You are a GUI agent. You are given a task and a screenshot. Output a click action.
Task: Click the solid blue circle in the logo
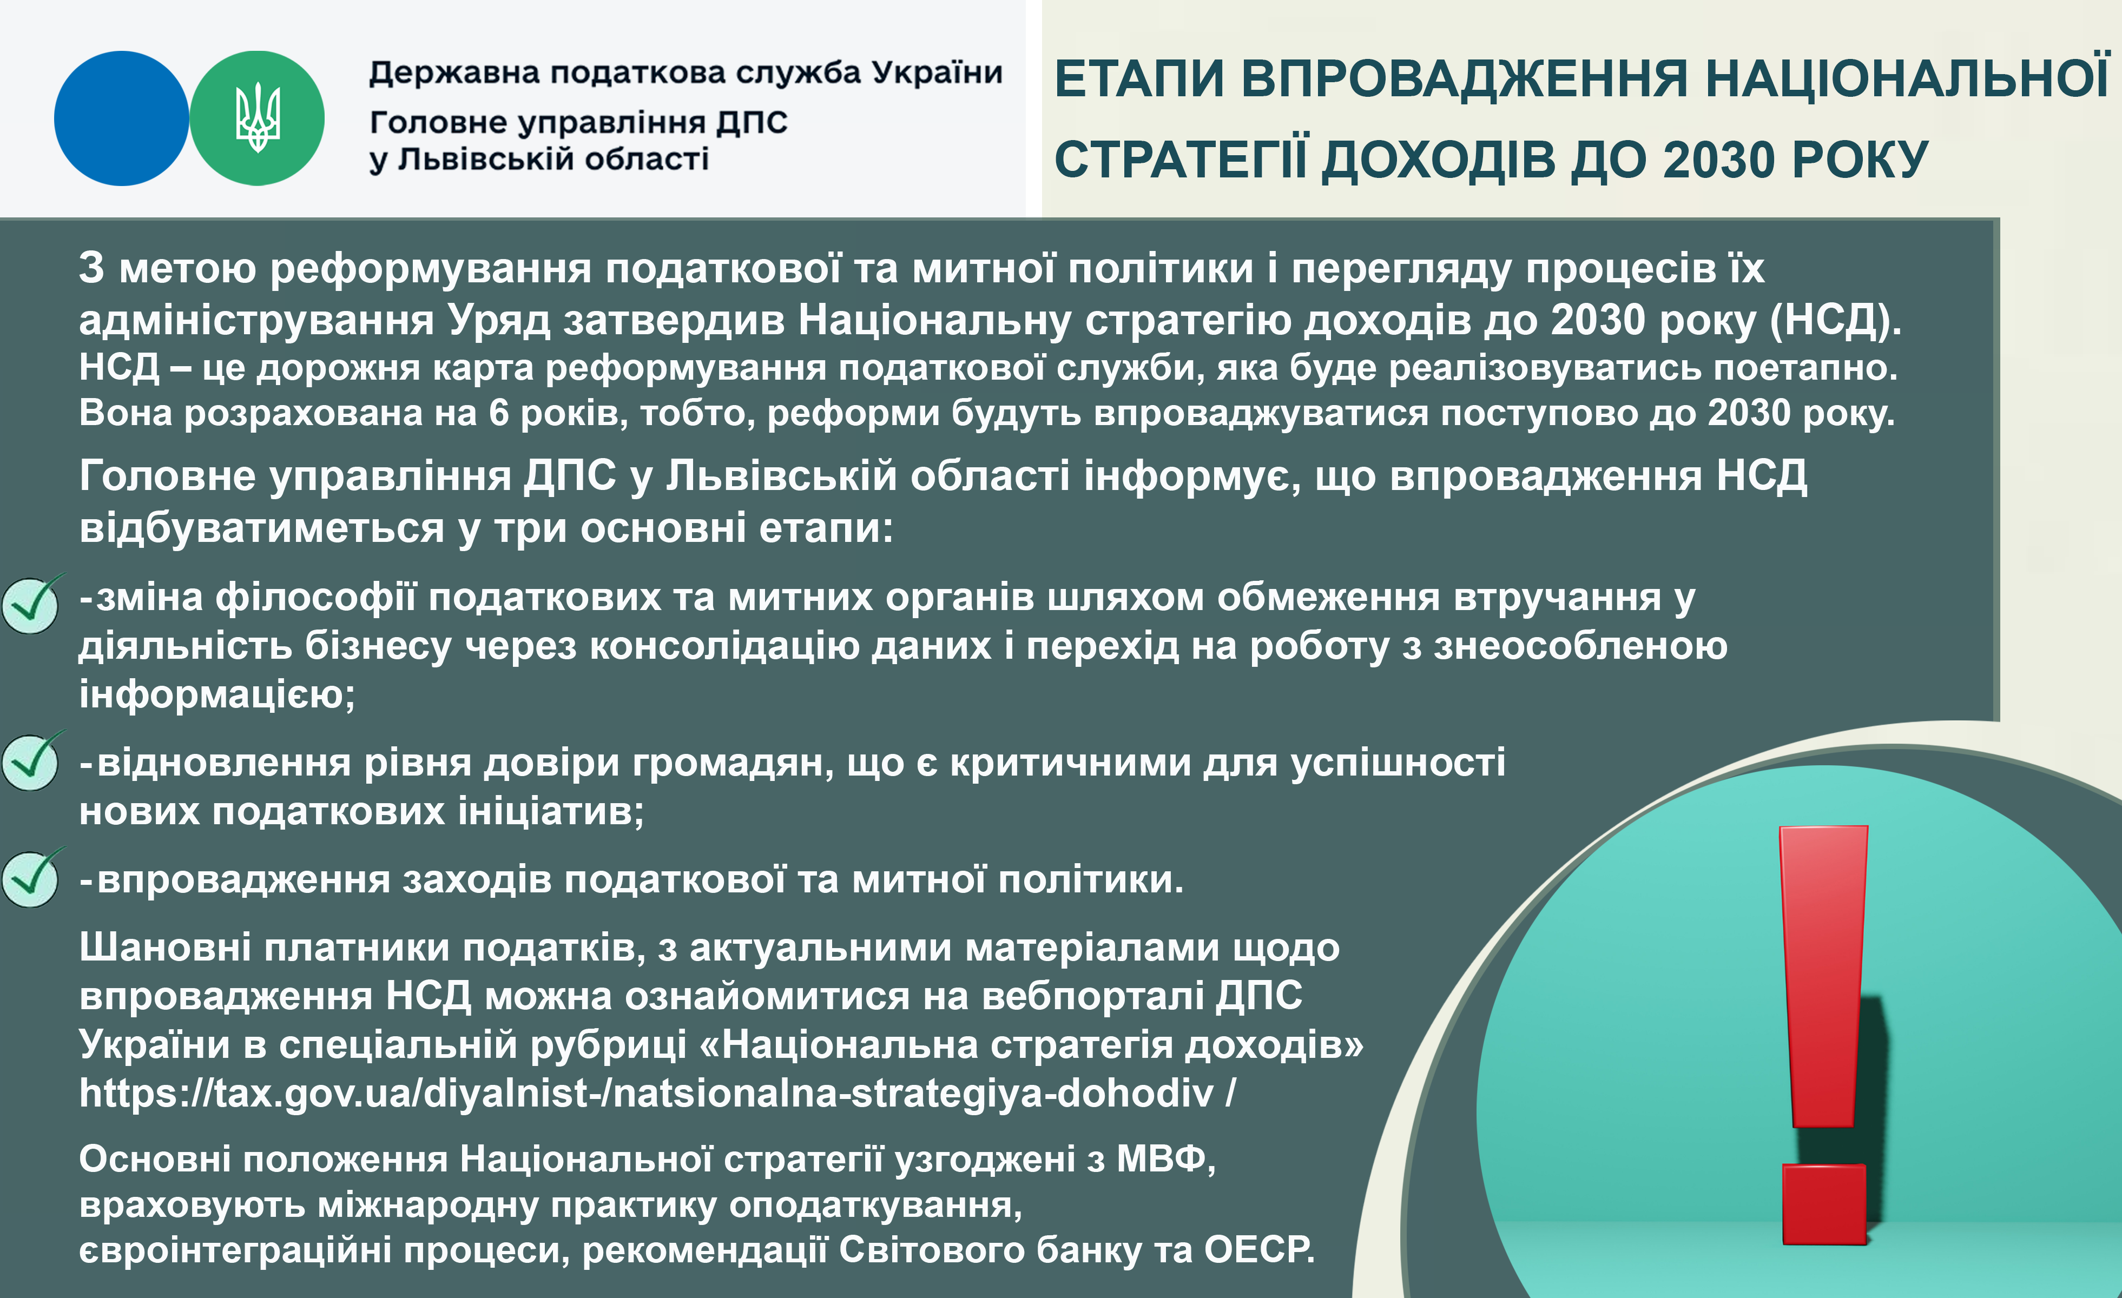pyautogui.click(x=121, y=118)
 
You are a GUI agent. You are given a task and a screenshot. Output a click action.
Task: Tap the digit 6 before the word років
pyautogui.click(x=499, y=413)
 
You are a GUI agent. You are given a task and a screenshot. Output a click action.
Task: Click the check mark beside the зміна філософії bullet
pyautogui.click(x=31, y=604)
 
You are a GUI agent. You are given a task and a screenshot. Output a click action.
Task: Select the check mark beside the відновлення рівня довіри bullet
pyautogui.click(x=31, y=761)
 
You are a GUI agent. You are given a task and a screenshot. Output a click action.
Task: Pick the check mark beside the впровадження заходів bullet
pyautogui.click(x=31, y=877)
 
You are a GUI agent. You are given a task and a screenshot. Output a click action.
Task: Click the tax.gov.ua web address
pyautogui.click(x=657, y=1093)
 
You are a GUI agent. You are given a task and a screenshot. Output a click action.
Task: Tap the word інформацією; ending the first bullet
pyautogui.click(x=217, y=694)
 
